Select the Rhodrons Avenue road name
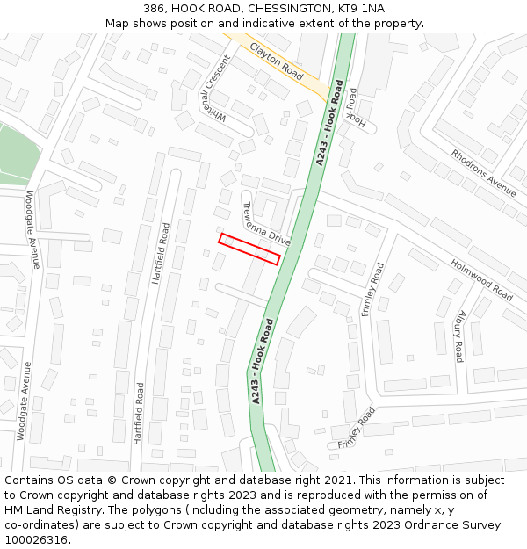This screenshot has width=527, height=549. pos(484,170)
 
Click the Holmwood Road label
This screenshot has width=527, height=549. pos(481,279)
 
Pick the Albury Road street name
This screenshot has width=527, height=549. pos(460,336)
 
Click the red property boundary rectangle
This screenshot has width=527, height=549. pos(249,249)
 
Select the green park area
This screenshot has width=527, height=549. pos(15,154)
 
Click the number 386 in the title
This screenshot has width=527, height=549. pos(155,9)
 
